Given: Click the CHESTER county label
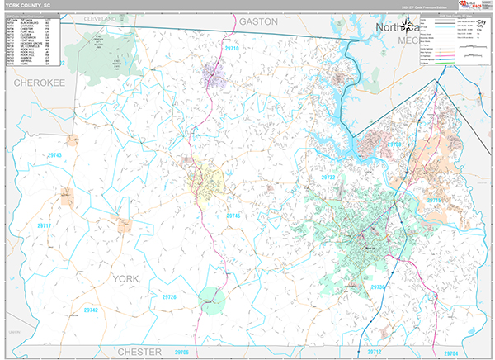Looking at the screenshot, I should pyautogui.click(x=139, y=352).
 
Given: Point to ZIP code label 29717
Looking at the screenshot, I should pyautogui.click(x=45, y=225).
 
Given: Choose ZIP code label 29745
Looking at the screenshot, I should pyautogui.click(x=233, y=216).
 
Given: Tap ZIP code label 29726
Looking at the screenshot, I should pyautogui.click(x=168, y=296).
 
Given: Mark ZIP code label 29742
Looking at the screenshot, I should pyautogui.click(x=91, y=310).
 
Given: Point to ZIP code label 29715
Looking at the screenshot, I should pyautogui.click(x=433, y=201).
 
